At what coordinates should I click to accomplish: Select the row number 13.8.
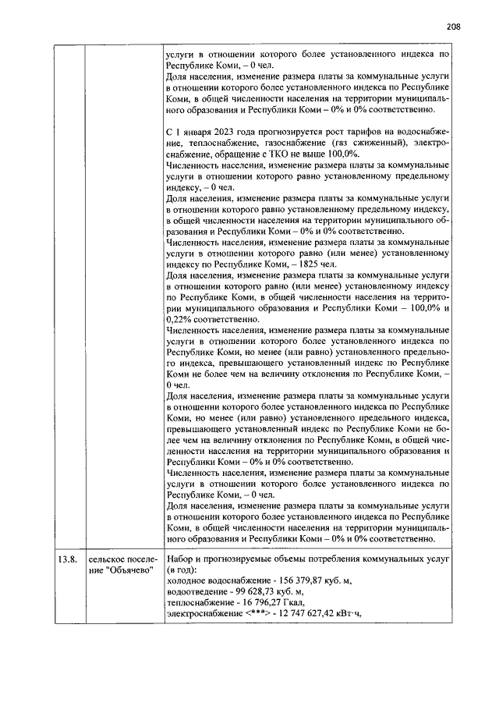click(65, 559)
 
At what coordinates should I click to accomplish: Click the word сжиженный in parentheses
click(370, 143)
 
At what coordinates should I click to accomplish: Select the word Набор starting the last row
click(182, 559)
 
